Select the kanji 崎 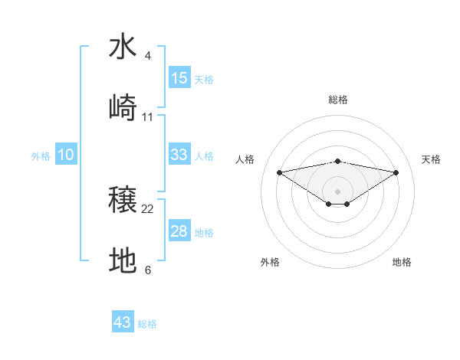click(123, 108)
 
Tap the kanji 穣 click(123, 201)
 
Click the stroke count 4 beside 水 click(148, 56)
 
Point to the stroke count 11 click(148, 117)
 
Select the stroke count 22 click(148, 209)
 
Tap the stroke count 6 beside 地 click(148, 270)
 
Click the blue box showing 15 click(179, 78)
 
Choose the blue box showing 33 click(179, 155)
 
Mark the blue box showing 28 click(179, 231)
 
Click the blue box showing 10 click(66, 155)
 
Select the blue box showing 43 click(123, 322)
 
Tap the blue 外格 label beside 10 click(41, 156)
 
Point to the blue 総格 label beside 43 click(147, 324)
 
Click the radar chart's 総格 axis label click(338, 100)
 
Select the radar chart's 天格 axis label click(431, 159)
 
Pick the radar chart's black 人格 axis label click(245, 159)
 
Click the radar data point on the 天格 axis click(396, 172)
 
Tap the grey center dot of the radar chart click(338, 191)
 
